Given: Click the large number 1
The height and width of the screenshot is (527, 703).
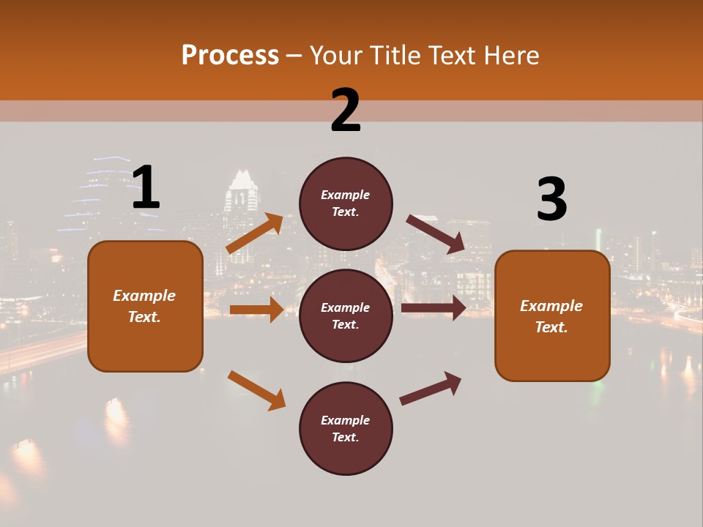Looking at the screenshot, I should pyautogui.click(x=146, y=188).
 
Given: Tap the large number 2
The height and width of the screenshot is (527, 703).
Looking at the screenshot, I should pyautogui.click(x=346, y=111).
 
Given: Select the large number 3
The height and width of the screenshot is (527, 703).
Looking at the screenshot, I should pyautogui.click(x=551, y=200).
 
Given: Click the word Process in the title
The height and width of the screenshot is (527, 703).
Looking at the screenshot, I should pyautogui.click(x=230, y=55).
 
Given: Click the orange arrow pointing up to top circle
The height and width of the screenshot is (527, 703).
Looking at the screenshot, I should pyautogui.click(x=255, y=233).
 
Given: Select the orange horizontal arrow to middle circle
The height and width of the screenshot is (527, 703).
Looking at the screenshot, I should pyautogui.click(x=256, y=310).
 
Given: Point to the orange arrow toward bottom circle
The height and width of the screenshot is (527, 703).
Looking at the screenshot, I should pyautogui.click(x=256, y=390).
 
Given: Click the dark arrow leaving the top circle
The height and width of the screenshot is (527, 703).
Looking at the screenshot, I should pyautogui.click(x=436, y=233).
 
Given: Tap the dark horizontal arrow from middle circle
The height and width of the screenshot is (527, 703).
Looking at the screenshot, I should pyautogui.click(x=434, y=308).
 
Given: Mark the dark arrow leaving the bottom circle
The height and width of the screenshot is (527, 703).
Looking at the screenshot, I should pyautogui.click(x=431, y=388).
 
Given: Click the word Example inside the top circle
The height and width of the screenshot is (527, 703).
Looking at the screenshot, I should pyautogui.click(x=346, y=195).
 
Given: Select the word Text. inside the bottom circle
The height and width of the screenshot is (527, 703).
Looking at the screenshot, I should pyautogui.click(x=346, y=437).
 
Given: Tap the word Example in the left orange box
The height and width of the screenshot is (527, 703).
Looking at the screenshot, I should pyautogui.click(x=144, y=296).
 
